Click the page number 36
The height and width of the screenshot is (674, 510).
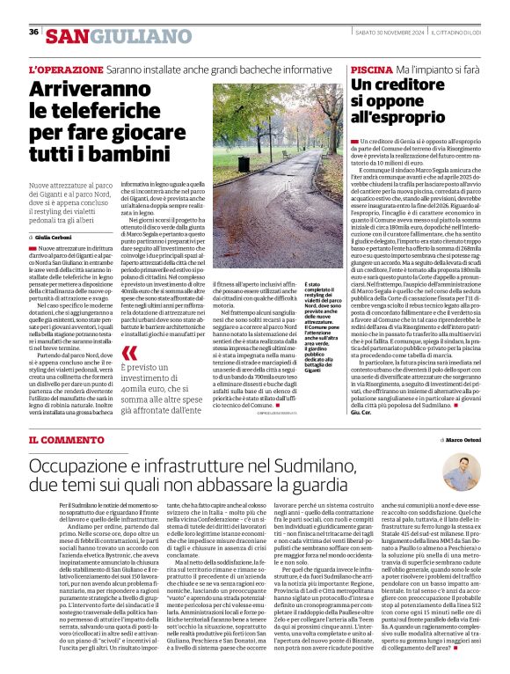click(33, 33)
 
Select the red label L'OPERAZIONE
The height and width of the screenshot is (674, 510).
click(66, 69)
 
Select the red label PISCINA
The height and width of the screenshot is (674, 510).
click(369, 69)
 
